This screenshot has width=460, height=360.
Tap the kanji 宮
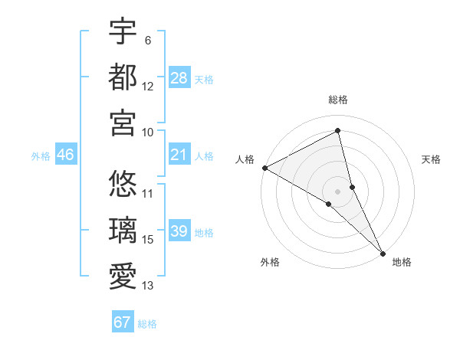point(123,123)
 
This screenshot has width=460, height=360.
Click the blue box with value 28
point(179,78)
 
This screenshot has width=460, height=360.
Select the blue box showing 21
point(179,155)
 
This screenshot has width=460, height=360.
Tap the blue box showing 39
point(179,232)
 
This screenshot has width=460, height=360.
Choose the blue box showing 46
point(65,155)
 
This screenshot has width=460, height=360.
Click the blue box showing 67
point(123,322)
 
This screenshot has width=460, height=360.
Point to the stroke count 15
point(148,240)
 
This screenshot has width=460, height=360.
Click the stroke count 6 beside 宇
point(147,40)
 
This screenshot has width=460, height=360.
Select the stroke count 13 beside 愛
point(148,286)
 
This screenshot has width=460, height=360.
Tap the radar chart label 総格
point(338,100)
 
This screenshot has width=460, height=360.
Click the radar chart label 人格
point(245,159)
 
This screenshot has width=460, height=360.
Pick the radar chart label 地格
point(402,262)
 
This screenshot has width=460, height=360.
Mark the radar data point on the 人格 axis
point(264,168)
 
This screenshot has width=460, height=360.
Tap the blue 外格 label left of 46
point(40,156)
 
